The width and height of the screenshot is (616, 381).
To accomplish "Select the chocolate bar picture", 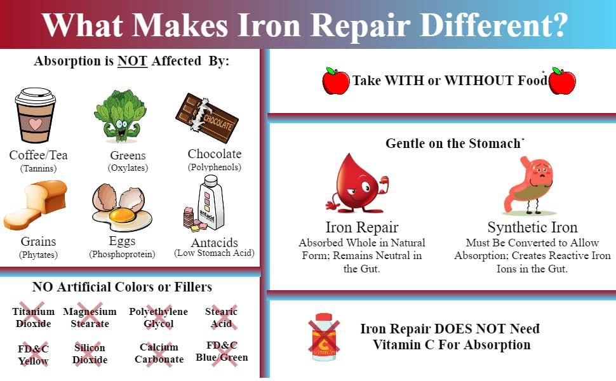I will pyautogui.click(x=207, y=117).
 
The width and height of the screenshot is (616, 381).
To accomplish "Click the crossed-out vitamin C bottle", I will pyautogui.click(x=324, y=337).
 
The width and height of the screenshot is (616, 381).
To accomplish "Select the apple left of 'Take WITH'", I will pyautogui.click(x=336, y=81).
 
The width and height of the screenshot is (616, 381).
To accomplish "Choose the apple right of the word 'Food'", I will pyautogui.click(x=562, y=81).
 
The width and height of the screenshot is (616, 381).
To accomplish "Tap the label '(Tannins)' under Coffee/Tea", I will pyautogui.click(x=38, y=169).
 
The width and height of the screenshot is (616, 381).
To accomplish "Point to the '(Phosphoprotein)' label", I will pyautogui.click(x=122, y=255).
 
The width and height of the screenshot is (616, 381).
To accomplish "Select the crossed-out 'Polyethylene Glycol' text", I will pyautogui.click(x=158, y=317).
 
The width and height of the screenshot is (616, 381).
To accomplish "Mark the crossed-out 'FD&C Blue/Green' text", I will pyautogui.click(x=222, y=351).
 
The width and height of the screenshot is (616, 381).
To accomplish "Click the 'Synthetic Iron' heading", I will pyautogui.click(x=532, y=227).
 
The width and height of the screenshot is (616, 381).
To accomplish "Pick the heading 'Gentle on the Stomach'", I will pyautogui.click(x=453, y=144).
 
